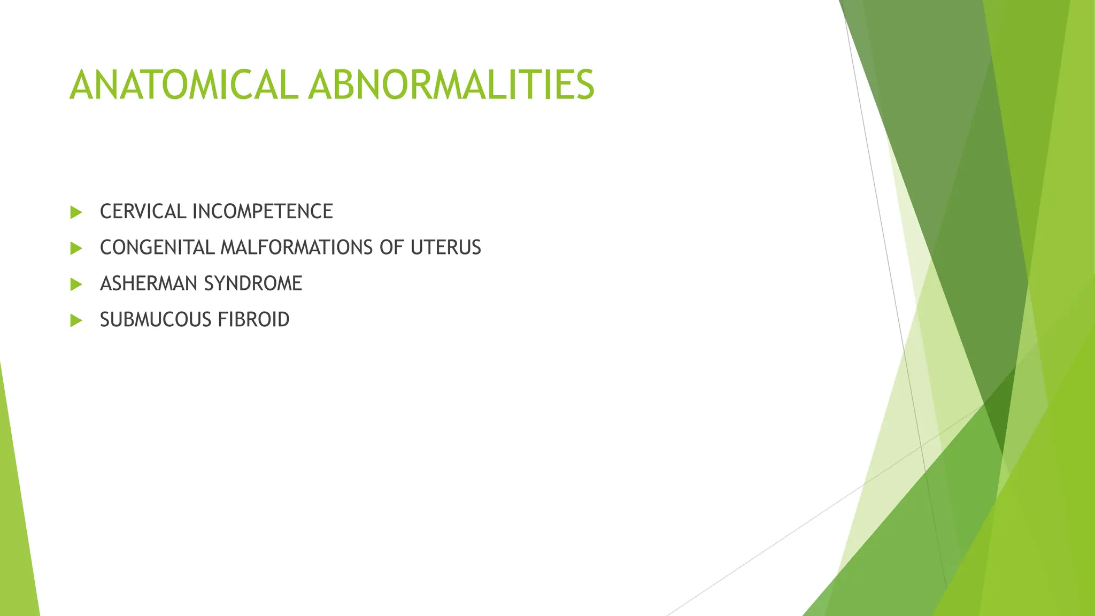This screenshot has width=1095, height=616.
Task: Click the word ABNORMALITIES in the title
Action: click(451, 85)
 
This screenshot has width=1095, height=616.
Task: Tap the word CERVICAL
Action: click(143, 212)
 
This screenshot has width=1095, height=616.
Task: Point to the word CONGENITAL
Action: click(157, 248)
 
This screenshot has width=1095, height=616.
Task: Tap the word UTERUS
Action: click(446, 248)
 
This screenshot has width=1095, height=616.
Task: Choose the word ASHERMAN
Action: click(148, 283)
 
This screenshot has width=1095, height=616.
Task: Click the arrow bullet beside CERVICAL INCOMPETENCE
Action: click(76, 212)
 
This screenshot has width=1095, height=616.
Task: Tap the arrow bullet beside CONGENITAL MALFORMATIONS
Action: click(76, 248)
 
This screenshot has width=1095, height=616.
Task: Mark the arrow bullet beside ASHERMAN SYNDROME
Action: click(76, 284)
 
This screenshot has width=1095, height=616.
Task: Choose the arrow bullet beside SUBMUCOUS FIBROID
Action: click(76, 320)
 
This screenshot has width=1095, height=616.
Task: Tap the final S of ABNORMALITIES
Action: click(584, 85)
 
